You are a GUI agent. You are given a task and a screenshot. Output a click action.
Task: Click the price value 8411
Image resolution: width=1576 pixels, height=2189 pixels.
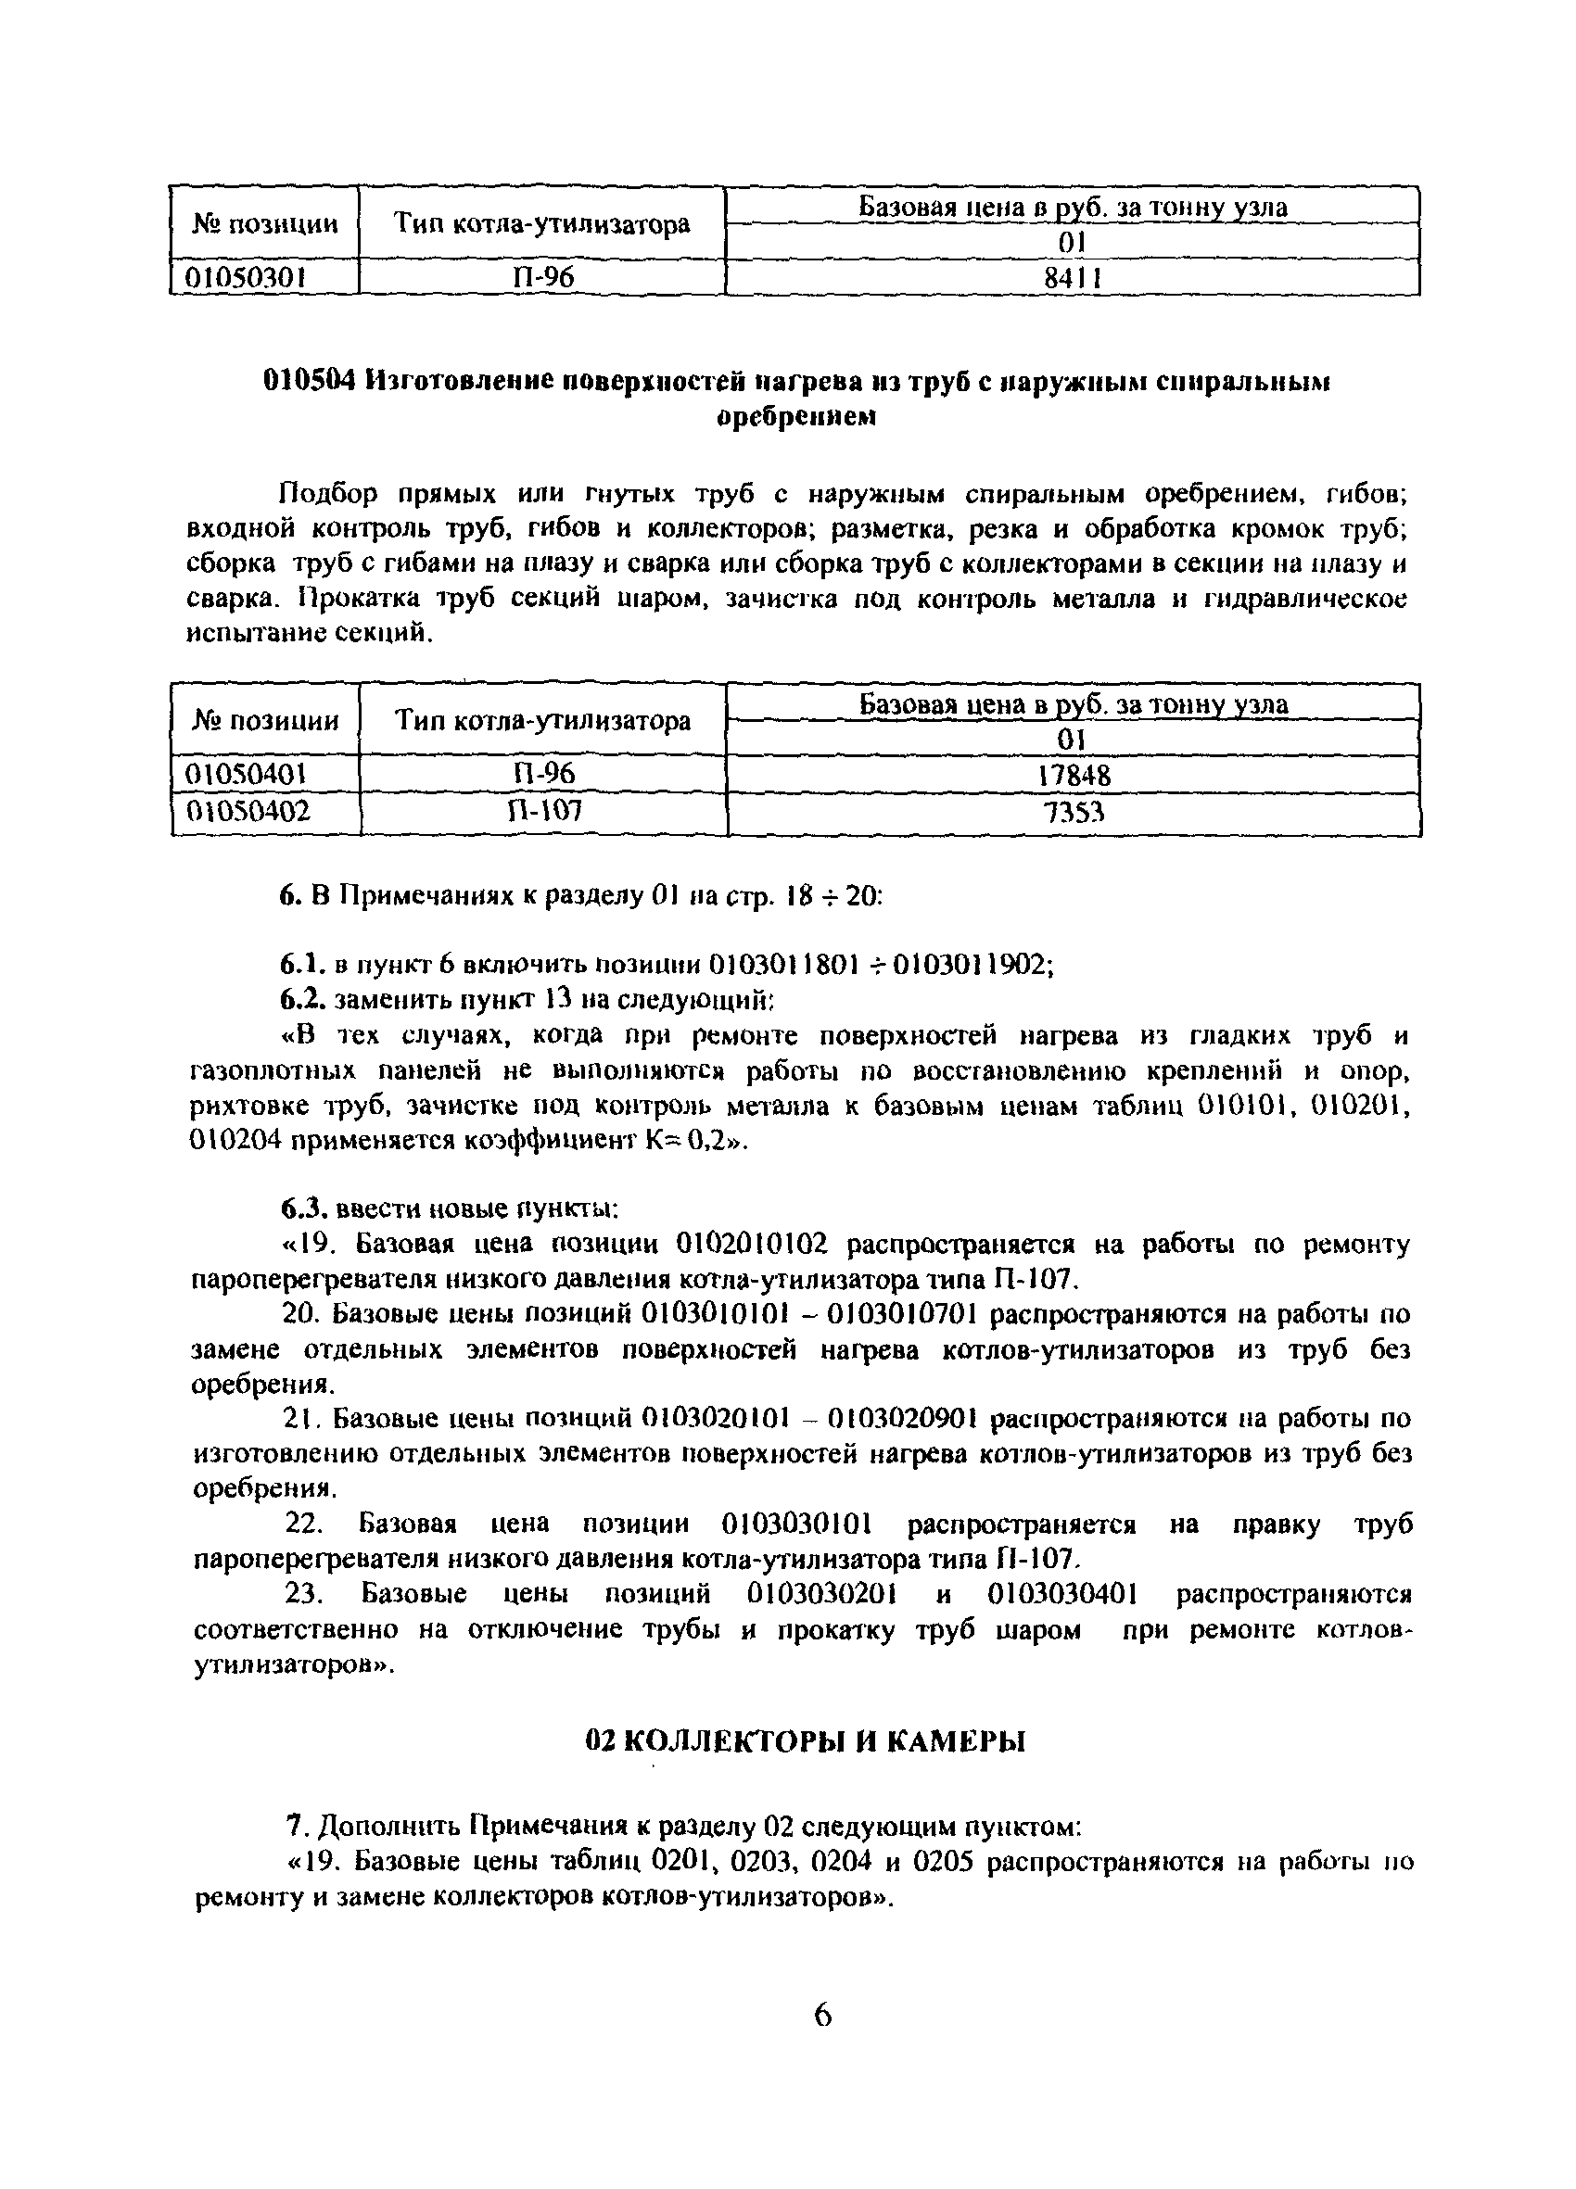tap(1072, 278)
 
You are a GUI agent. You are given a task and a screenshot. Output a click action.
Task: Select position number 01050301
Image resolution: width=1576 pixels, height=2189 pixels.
tap(246, 278)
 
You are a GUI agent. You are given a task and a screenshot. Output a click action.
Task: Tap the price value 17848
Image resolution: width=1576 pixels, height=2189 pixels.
tap(1074, 775)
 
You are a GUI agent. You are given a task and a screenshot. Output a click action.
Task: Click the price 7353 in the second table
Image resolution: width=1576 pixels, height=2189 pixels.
tap(1074, 814)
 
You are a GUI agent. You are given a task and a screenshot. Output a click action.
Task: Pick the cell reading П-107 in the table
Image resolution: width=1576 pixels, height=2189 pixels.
tap(543, 811)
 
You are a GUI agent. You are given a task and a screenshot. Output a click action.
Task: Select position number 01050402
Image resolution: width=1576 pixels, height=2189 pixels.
tap(248, 812)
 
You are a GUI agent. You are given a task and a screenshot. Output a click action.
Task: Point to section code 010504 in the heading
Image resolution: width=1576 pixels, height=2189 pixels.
tap(311, 380)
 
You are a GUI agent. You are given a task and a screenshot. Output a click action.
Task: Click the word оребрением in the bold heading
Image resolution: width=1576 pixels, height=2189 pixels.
tap(797, 417)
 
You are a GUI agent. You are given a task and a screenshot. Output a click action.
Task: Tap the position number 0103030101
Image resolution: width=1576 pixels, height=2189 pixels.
tap(797, 1524)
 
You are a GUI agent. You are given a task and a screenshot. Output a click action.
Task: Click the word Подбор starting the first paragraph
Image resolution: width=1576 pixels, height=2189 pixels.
tap(326, 494)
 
